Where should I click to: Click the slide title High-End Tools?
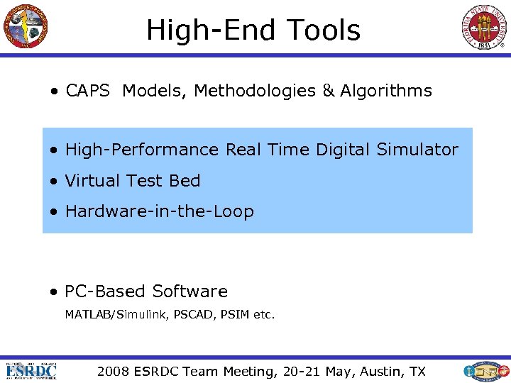pos(253,30)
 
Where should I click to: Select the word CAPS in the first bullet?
pos(88,91)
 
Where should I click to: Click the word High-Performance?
pos(142,150)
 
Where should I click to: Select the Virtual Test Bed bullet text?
pos(133,181)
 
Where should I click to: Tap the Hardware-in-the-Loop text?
pos(159,211)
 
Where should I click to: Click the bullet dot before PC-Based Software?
pos(53,292)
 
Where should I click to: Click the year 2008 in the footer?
pos(114,372)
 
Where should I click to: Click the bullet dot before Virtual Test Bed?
pos(53,182)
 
